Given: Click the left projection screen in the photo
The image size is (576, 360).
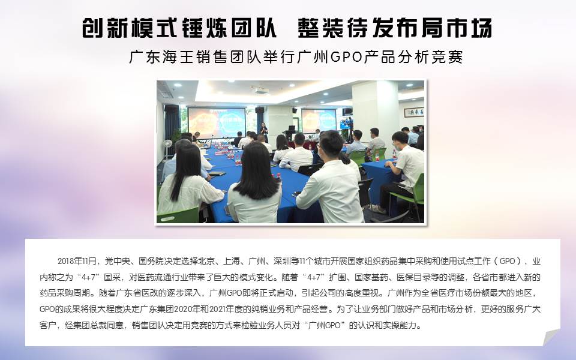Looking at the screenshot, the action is click(217, 122).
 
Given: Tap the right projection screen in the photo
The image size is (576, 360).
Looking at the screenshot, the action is click(319, 121).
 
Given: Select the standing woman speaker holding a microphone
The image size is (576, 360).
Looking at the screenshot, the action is click(263, 132).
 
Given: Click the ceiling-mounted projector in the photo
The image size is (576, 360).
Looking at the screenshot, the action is click(261, 90).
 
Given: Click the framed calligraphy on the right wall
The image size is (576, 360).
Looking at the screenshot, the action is click(414, 112).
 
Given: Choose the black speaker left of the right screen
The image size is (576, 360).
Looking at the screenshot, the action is click(294, 110).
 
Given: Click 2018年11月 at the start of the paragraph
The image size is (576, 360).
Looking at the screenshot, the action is click(77, 261).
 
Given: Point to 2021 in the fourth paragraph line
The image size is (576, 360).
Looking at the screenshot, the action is click(218, 309).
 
